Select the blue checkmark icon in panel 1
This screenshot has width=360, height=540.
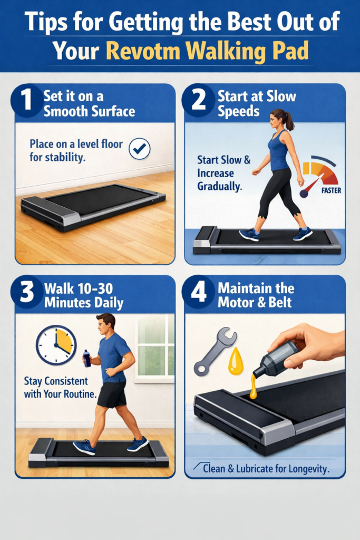139,150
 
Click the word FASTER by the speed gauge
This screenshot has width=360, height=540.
330,191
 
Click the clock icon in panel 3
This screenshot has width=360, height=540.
56,345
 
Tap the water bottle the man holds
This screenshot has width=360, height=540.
87,358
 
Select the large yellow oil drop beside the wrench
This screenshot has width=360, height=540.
236,363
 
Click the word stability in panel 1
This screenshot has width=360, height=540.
65,157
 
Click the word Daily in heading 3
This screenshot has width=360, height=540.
105,303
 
